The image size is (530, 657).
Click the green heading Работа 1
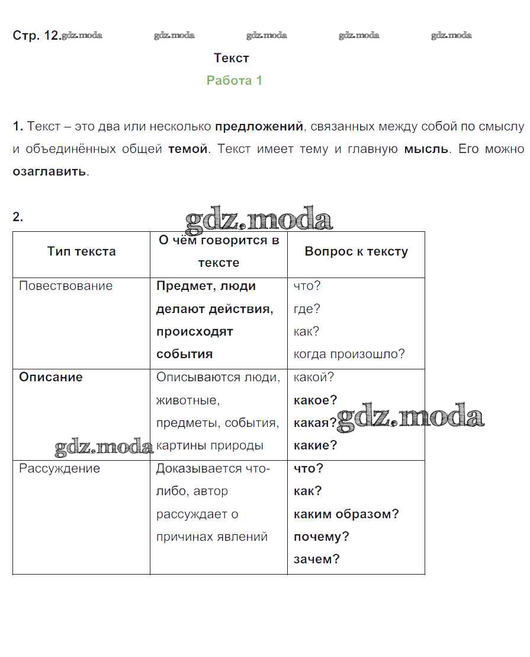234,81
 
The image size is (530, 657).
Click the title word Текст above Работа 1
232,58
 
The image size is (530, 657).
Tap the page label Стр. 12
36,36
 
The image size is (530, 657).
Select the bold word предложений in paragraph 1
259,126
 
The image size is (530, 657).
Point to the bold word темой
188,149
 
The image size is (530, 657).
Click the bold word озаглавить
50,172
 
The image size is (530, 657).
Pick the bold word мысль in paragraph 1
426,149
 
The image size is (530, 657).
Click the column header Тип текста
81,251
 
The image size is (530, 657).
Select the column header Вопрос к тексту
356,251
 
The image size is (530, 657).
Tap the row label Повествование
66,286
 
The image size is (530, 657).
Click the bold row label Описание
51,377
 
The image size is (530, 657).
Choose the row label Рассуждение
60,468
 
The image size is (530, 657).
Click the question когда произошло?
349,354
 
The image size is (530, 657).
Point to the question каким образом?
346,514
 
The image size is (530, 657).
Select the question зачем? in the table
316,559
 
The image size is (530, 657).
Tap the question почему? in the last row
321,537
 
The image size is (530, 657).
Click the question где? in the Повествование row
307,309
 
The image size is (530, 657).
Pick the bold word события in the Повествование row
184,354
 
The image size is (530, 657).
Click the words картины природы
210,445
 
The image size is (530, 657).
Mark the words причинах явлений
212,537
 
